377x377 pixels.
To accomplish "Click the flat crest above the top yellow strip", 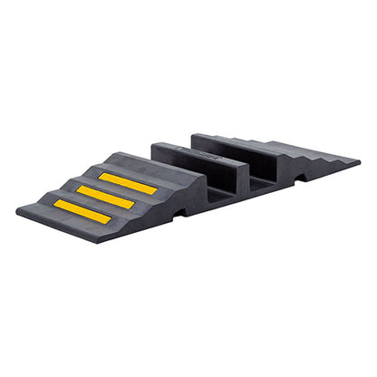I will coord(145,168).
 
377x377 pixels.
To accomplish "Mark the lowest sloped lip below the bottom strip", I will coord(63,226).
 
